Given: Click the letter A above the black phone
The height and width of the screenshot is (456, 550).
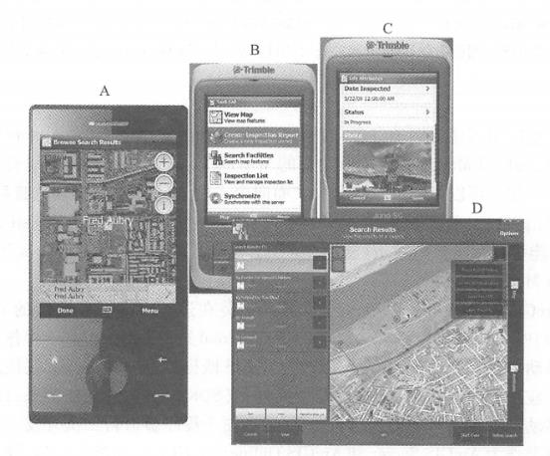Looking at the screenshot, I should (x=104, y=89).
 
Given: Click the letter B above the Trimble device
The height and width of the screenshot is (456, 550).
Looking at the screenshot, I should (x=255, y=49).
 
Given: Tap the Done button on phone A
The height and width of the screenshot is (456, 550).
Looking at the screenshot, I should (x=64, y=310).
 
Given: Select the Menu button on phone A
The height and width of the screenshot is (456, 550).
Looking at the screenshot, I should (x=150, y=310).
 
